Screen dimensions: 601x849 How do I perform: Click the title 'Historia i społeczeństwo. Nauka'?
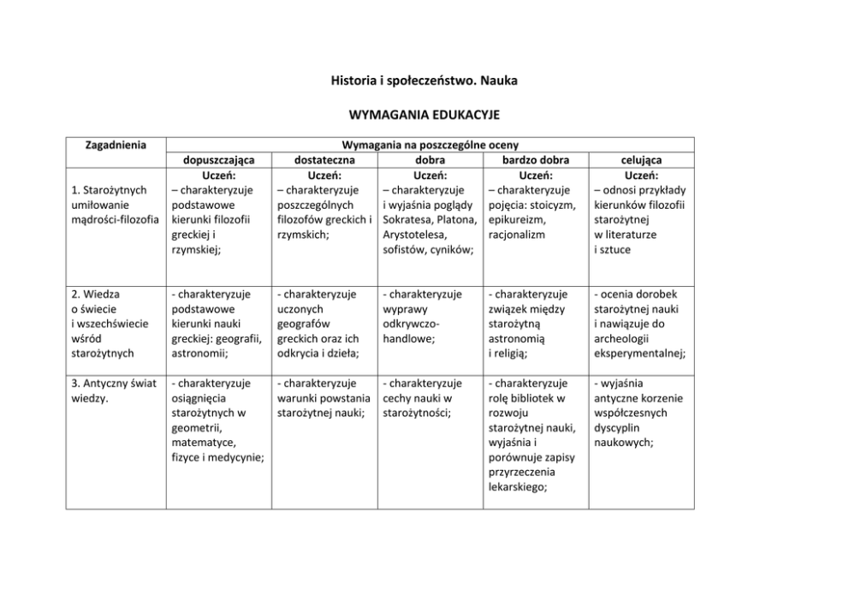[x=424, y=80]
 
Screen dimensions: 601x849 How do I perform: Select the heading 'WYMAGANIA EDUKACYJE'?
[x=424, y=114]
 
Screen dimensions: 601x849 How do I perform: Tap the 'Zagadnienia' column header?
[x=115, y=145]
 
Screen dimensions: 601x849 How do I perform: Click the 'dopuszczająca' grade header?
[x=214, y=160]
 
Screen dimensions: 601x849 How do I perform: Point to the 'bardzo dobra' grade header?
[x=534, y=160]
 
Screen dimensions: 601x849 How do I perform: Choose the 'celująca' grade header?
[x=641, y=160]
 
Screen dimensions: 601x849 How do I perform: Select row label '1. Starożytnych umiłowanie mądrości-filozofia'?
[x=111, y=205]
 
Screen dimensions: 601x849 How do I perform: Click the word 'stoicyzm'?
[x=553, y=205]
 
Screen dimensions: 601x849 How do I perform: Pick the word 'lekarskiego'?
[x=517, y=486]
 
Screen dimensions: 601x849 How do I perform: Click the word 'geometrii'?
[x=196, y=427]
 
